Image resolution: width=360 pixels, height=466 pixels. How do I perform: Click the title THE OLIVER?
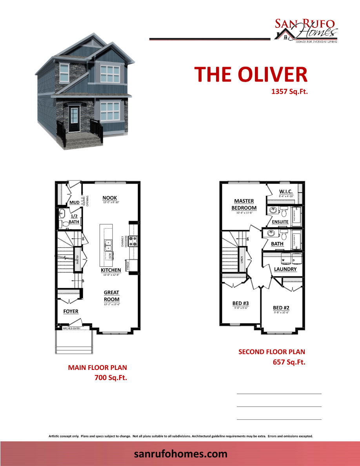pos(251,74)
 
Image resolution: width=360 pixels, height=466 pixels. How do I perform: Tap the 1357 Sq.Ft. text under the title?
pos(289,92)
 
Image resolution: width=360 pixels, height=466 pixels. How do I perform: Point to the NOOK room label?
pos(110,198)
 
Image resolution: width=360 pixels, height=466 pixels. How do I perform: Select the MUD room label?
pos(74,203)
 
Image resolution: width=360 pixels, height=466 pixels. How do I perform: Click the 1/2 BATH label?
pos(74,219)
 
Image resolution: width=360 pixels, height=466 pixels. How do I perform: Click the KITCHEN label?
pos(111,270)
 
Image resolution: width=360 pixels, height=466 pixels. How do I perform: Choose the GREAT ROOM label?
pos(112,296)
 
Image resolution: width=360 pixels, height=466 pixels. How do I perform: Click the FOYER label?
pos(71,311)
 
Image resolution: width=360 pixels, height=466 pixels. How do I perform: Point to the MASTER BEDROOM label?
pos(244,204)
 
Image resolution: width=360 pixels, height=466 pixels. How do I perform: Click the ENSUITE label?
pos(280,222)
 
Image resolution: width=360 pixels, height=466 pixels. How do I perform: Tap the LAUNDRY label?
pos(285,269)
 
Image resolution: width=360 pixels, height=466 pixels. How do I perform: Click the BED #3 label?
pos(241,303)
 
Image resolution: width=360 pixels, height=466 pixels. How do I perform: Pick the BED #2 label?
pos(281,308)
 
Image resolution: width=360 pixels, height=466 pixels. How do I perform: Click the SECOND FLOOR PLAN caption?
pos(271,352)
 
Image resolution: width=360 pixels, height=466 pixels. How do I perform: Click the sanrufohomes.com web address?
pos(180,454)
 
